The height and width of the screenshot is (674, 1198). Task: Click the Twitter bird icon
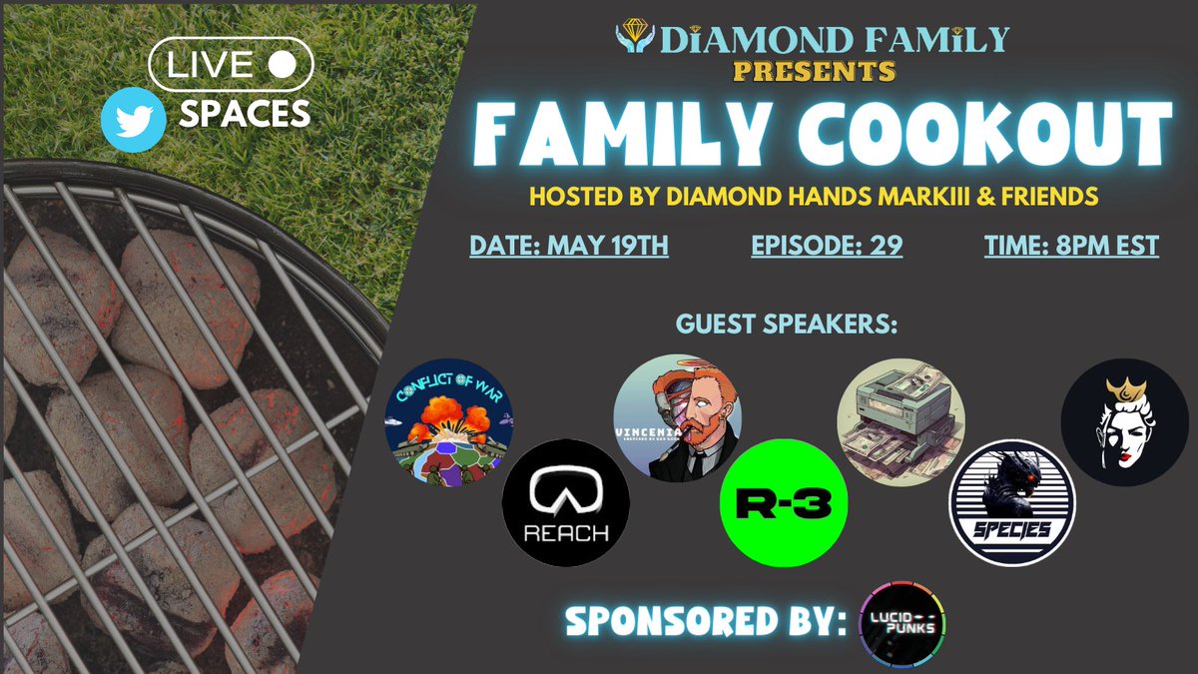point(134,119)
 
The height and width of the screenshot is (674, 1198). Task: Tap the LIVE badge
point(231,64)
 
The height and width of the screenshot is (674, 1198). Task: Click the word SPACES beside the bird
point(245,116)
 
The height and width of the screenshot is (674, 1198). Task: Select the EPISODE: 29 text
point(827,246)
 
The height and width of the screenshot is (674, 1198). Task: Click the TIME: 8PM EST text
point(1071,246)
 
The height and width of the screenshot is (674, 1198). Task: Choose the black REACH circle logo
point(565,503)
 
